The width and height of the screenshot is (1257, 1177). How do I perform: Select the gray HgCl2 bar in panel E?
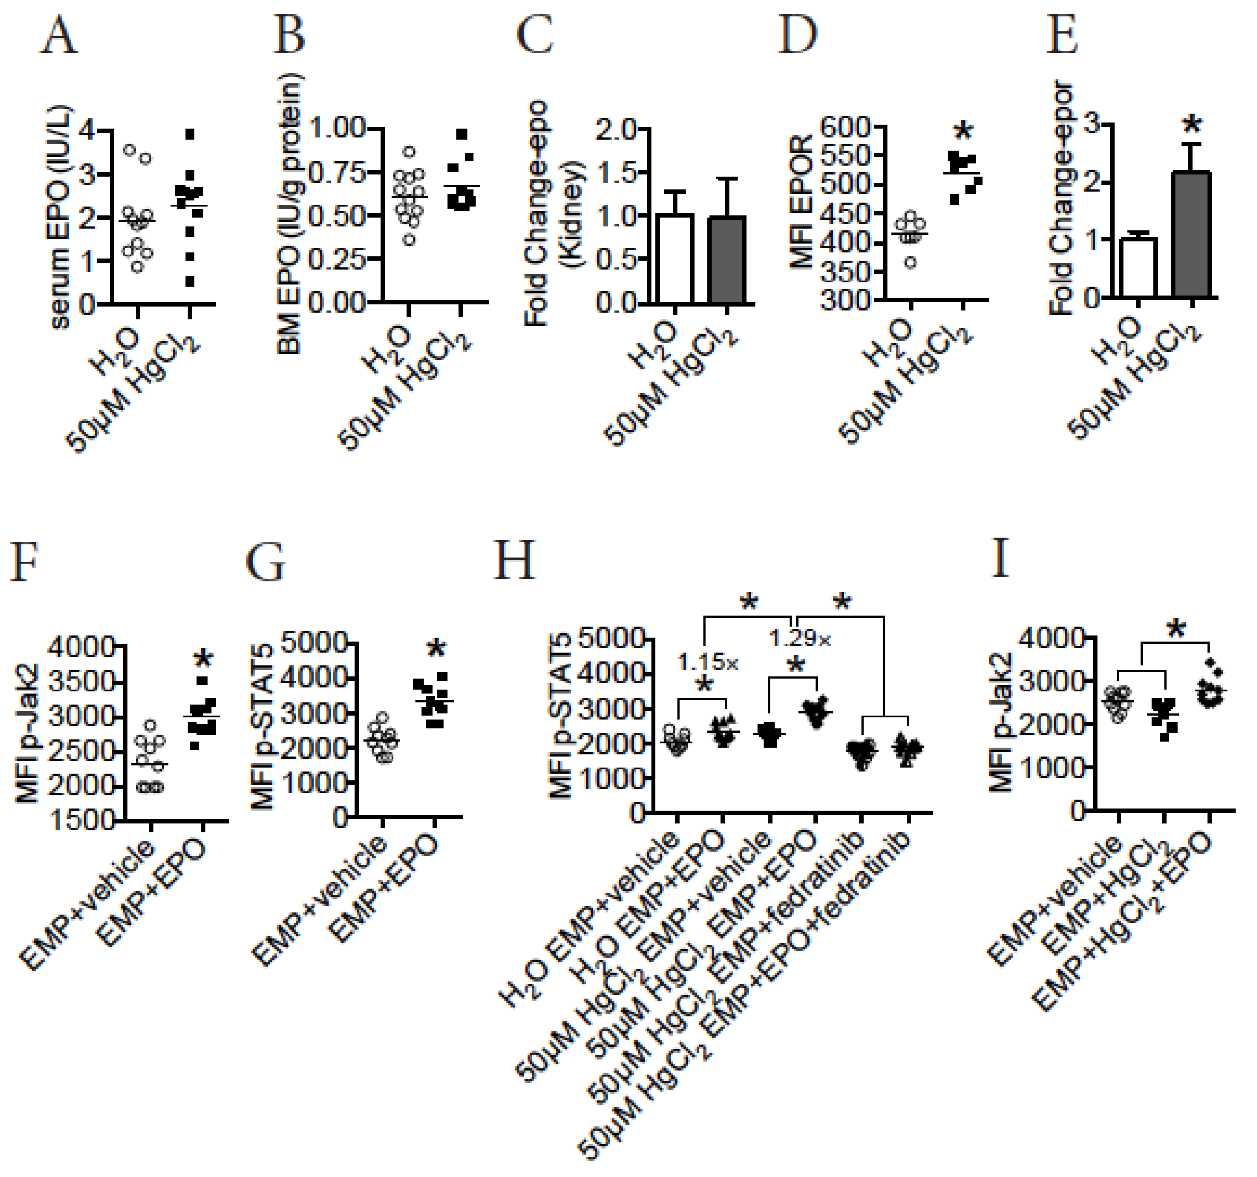(x=1191, y=234)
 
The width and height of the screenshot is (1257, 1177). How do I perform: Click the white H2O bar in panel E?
(x=1139, y=267)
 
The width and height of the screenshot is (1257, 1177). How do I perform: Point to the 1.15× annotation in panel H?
(x=707, y=663)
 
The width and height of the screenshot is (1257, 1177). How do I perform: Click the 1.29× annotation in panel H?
(x=800, y=639)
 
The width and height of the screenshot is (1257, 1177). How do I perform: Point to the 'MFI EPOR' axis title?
(x=801, y=202)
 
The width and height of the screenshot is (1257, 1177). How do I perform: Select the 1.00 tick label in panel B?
(x=338, y=128)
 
